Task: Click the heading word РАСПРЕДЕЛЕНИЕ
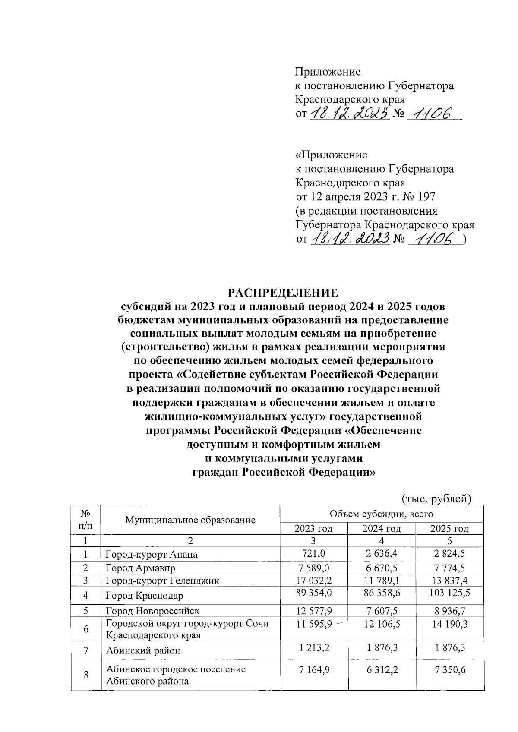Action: pos(283,293)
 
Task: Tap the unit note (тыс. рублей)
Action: pos(436,499)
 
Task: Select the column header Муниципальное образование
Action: pos(190,520)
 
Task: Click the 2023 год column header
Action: pos(313,529)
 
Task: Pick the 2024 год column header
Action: pos(382,529)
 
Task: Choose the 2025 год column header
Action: pos(449,529)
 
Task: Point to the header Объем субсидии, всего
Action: pos(381,514)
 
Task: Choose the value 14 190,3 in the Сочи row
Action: pos(449,624)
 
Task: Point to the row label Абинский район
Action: pos(143,650)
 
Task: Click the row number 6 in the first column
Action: pos(86,629)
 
